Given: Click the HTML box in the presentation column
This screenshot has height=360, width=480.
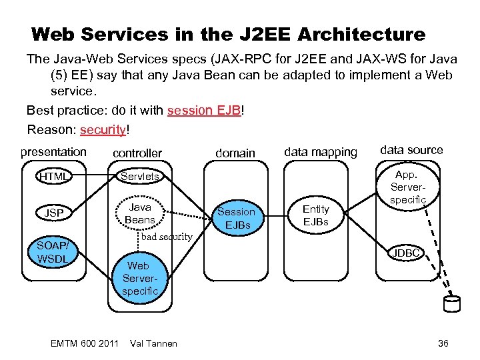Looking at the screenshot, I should [53, 177].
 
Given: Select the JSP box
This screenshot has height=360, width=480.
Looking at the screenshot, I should [54, 213].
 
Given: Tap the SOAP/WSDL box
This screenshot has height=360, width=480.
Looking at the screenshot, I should [53, 251].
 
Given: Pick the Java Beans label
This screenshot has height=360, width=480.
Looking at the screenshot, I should [139, 213].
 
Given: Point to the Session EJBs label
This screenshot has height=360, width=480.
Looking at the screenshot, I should [236, 218].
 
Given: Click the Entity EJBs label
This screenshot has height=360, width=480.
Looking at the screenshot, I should [316, 215].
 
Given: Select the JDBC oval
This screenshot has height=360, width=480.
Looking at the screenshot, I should [406, 253].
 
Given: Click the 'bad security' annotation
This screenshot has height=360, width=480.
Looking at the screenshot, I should [167, 237].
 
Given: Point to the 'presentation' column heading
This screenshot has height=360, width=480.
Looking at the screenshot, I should [53, 152].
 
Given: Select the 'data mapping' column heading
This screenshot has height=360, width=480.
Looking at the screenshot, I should [320, 153].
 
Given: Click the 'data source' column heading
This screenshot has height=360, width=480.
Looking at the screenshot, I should [411, 150].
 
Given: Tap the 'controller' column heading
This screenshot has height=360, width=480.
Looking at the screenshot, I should [137, 153].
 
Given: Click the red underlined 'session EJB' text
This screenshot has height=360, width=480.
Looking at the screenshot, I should [205, 110].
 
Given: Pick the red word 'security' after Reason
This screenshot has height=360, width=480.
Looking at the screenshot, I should [102, 129].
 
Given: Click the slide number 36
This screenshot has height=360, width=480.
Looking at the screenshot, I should [443, 343].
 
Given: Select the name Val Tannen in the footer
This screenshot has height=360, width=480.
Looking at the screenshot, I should [154, 343].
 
